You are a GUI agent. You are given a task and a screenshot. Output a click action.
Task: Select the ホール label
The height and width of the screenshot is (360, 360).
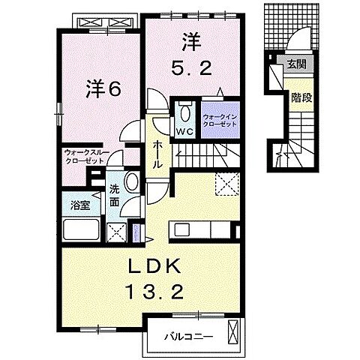158,154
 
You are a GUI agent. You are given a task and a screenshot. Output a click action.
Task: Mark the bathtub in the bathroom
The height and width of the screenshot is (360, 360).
80,229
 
